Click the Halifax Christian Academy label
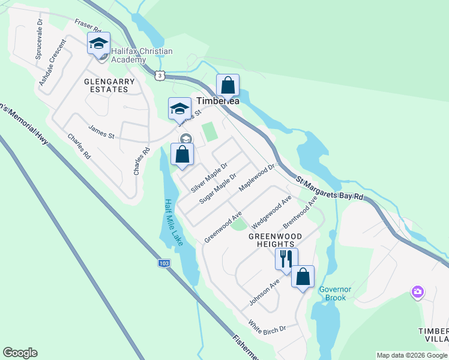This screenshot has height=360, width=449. (141, 55)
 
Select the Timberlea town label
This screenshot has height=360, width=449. (218, 101)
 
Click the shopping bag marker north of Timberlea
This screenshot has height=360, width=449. (228, 85)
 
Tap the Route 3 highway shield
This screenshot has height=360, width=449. (158, 75)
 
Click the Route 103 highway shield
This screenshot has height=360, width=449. (164, 263)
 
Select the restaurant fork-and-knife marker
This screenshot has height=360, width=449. (286, 259)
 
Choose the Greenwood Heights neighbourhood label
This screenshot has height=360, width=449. (272, 240)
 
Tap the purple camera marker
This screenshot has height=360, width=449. (417, 292)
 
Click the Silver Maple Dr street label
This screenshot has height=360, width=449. (209, 177)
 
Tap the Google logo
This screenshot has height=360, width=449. (20, 353)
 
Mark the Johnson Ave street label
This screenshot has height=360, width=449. (265, 292)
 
